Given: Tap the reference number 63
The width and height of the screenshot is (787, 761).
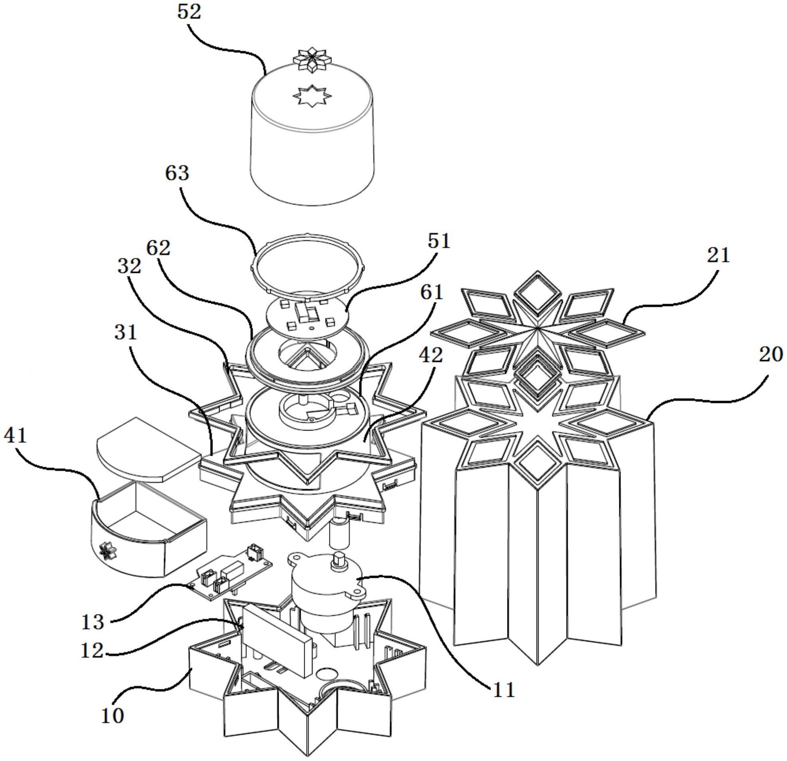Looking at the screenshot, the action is pyautogui.click(x=177, y=174).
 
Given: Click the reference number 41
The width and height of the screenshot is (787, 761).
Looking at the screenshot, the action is pyautogui.click(x=16, y=436).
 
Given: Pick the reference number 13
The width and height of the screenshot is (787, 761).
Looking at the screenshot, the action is pyautogui.click(x=93, y=622).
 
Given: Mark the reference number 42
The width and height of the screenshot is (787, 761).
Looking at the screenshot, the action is pyautogui.click(x=431, y=354).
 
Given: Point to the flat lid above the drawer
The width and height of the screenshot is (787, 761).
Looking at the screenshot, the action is pyautogui.click(x=149, y=449).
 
